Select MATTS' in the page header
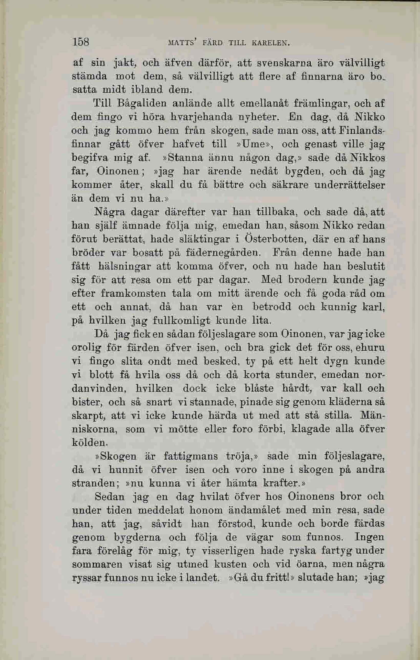click(x=181, y=43)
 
